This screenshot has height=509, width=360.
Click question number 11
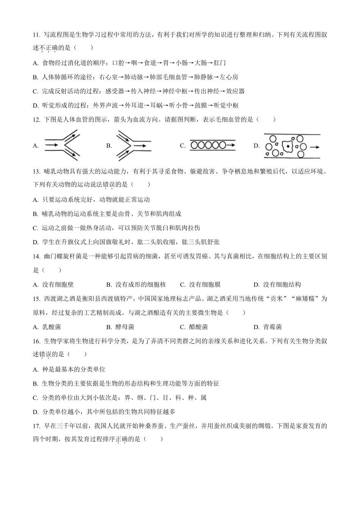(x=36, y=35)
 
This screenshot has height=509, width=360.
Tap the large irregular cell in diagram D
(x=288, y=146)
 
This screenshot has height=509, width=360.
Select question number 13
(x=36, y=171)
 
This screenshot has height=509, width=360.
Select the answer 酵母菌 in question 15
(x=125, y=327)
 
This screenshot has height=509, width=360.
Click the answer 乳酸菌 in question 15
(x=52, y=327)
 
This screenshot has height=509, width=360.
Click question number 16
(x=36, y=341)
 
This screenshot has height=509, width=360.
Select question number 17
(x=36, y=426)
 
